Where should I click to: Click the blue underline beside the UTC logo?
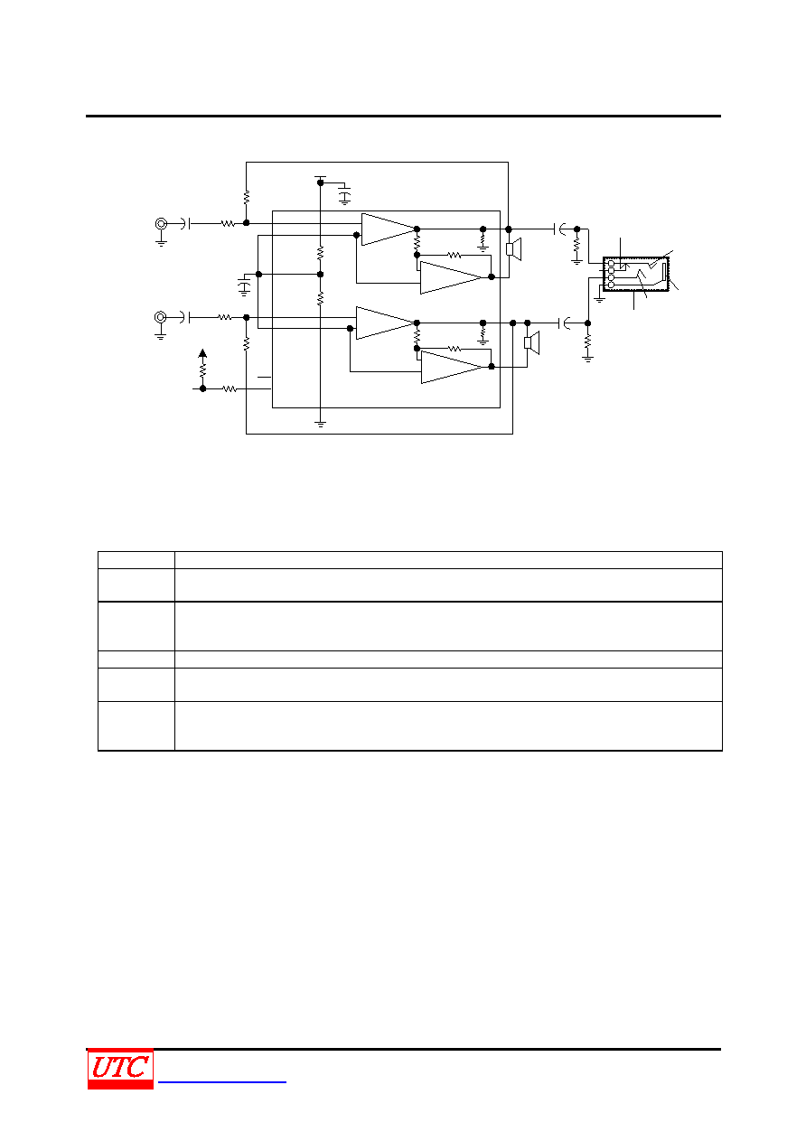pyautogui.click(x=222, y=1082)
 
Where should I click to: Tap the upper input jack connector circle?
pyautogui.click(x=161, y=224)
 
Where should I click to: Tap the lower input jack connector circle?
pyautogui.click(x=161, y=317)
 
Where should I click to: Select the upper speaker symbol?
pyautogui.click(x=513, y=249)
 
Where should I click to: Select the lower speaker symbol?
pyautogui.click(x=532, y=342)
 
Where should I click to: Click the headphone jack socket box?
pyautogui.click(x=636, y=274)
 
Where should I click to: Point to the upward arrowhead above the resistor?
pyautogui.click(x=202, y=353)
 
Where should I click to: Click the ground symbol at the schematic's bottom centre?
pyautogui.click(x=321, y=424)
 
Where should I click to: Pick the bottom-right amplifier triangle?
pyautogui.click(x=452, y=368)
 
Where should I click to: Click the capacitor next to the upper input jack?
pyautogui.click(x=186, y=224)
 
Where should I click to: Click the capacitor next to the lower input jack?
pyautogui.click(x=186, y=317)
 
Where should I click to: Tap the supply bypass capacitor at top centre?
pyautogui.click(x=345, y=196)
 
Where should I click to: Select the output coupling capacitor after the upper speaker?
pyautogui.click(x=559, y=229)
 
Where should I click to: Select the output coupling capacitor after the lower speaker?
pyautogui.click(x=565, y=323)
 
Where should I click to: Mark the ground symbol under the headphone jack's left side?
pyautogui.click(x=600, y=299)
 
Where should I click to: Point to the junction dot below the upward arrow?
pyautogui.click(x=202, y=388)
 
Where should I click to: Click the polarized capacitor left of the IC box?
pyautogui.click(x=245, y=286)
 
